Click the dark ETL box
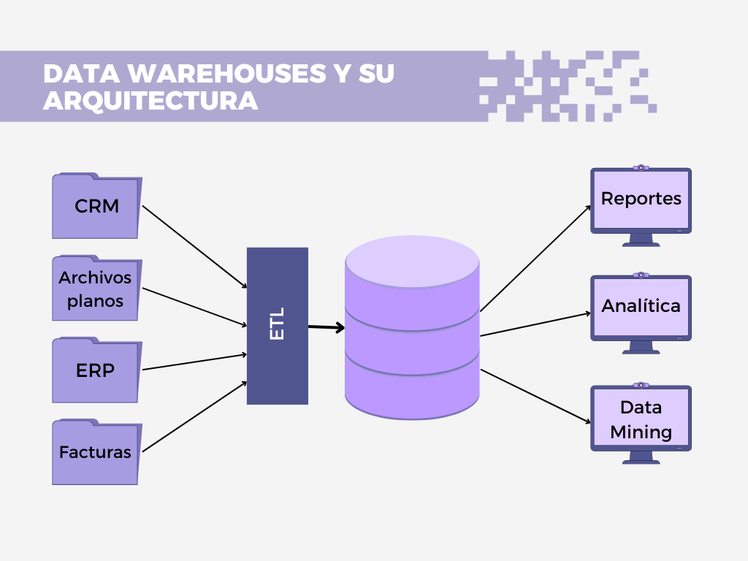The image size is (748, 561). [278, 326]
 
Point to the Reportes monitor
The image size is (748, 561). [641, 199]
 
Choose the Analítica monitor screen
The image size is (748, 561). [641, 307]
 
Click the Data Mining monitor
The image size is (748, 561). [641, 419]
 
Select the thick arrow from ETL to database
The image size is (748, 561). [326, 327]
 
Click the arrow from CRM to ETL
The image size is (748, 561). [194, 247]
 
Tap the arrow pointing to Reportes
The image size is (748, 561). [535, 257]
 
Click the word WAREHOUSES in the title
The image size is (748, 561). [220, 75]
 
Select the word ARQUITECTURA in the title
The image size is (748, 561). [150, 101]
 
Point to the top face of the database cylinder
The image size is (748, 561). [412, 262]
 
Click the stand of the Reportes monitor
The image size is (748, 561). [641, 240]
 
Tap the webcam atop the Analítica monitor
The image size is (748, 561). [641, 275]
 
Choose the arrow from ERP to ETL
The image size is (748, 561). [194, 362]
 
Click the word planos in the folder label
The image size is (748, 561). [96, 300]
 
